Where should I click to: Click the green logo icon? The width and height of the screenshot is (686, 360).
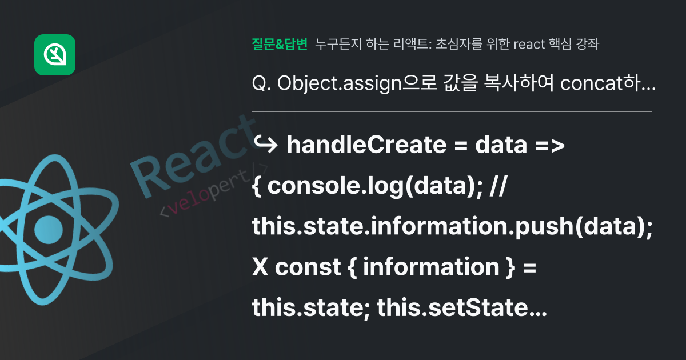[x=55, y=55]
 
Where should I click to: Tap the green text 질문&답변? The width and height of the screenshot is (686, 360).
[x=280, y=44]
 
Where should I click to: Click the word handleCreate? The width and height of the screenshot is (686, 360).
[x=366, y=146]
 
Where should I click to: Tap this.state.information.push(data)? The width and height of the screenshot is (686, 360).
[x=452, y=227]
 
